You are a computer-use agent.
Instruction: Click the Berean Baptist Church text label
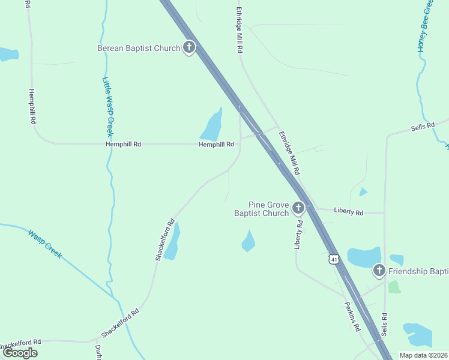click(x=139, y=48)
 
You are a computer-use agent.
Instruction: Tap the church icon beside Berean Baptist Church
click(x=189, y=47)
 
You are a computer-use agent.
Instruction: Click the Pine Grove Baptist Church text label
click(x=261, y=209)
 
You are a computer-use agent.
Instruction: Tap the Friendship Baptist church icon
click(x=379, y=271)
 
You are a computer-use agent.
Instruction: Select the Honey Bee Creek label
click(x=425, y=27)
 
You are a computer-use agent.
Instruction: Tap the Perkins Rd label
click(x=352, y=316)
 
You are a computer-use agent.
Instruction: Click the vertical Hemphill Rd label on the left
click(x=32, y=107)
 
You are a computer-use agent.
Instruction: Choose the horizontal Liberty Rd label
click(x=349, y=212)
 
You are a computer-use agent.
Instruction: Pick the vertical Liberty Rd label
click(x=298, y=235)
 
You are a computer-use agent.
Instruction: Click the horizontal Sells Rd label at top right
click(x=423, y=127)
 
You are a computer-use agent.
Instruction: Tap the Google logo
click(x=20, y=353)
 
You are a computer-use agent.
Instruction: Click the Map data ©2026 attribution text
click(x=423, y=355)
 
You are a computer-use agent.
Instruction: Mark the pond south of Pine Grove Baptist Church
click(x=248, y=241)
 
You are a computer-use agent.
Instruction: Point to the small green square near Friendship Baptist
click(x=394, y=287)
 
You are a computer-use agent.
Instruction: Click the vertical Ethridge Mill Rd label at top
click(x=239, y=30)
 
